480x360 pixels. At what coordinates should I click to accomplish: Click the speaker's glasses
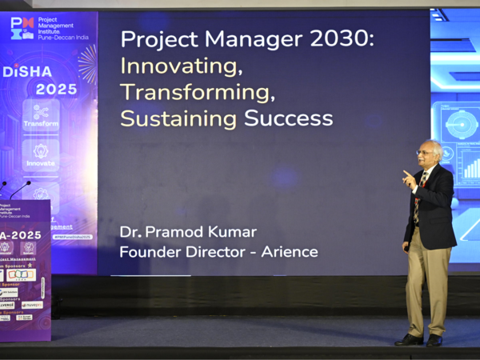[425, 152]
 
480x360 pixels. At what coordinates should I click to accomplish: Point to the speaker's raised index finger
[406, 173]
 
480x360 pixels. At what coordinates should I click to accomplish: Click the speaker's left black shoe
[409, 339]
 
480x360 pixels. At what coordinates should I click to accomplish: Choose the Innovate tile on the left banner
[41, 154]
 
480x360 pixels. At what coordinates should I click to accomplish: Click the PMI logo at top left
[22, 28]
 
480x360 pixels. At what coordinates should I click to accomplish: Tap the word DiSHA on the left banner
[27, 71]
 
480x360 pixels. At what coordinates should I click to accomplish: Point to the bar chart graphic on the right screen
[471, 168]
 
